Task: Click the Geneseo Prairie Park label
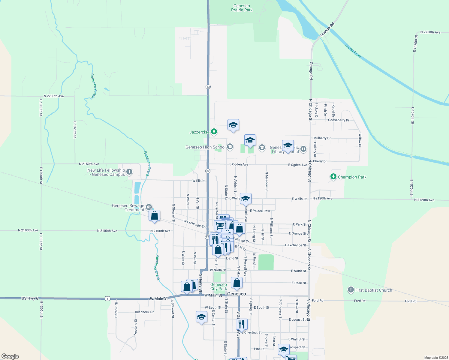pos(242,8)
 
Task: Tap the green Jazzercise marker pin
pos(214,131)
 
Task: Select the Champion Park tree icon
pos(333,177)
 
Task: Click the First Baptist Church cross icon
pos(351,290)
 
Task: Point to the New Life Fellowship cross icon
pos(129,172)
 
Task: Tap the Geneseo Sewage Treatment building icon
pos(149,207)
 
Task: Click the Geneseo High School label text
pos(205,147)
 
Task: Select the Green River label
pos(353,51)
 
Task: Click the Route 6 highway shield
pos(107,298)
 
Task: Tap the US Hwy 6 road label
pos(30,298)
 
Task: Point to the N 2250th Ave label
pos(430,32)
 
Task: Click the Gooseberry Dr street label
pos(339,120)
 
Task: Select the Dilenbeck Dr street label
pos(144,312)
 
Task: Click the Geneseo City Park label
pos(218,286)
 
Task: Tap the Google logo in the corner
pos(10,356)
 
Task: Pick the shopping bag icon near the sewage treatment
pos(154,215)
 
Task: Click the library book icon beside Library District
pos(303,149)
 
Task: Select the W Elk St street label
pos(198,181)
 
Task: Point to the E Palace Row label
pos(260,211)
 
